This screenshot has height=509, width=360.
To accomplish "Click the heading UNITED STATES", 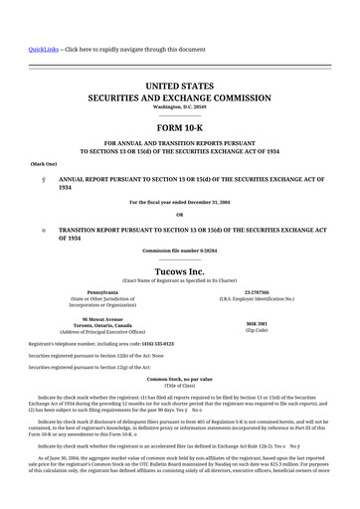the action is point(179,87).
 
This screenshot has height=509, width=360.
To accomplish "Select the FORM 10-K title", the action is point(179,128).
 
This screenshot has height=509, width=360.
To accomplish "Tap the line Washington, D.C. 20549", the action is point(179,108).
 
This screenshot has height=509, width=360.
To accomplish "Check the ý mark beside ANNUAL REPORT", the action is point(43,178).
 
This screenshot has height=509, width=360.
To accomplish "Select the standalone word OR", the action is point(179,215).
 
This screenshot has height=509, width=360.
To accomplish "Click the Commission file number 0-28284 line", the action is point(179,251).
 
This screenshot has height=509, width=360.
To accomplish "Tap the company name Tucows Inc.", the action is point(179,270).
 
